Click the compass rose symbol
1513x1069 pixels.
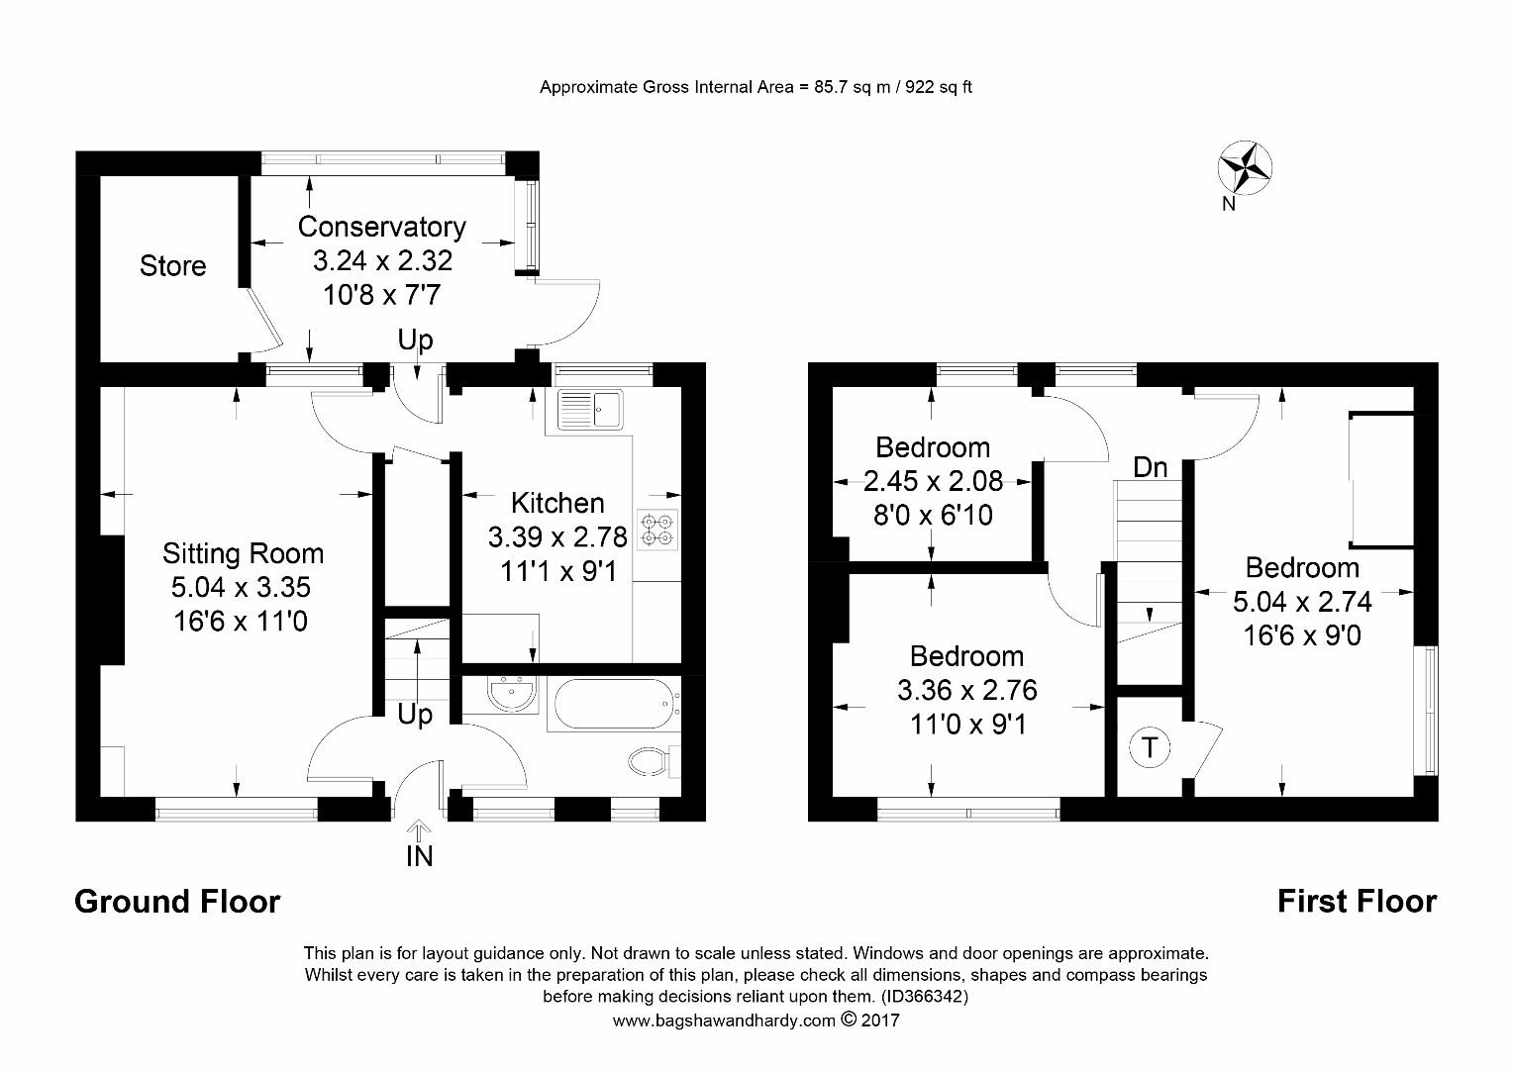tap(1245, 167)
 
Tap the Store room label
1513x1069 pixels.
tap(172, 265)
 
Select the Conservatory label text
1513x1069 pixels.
tap(381, 227)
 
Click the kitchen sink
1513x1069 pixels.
tap(590, 409)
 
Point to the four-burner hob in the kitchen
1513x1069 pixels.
tap(657, 530)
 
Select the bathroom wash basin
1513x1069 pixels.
tap(512, 695)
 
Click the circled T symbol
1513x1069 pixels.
tap(1149, 747)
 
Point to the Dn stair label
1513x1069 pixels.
tap(1150, 467)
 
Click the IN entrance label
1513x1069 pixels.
tap(419, 856)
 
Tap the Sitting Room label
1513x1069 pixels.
tap(243, 553)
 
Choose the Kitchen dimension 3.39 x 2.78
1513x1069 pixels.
tap(557, 537)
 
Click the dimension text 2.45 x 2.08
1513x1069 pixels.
tap(933, 481)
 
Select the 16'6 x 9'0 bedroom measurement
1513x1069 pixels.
tap(1301, 635)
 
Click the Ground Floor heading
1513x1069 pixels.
tap(177, 902)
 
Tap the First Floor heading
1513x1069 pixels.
tap(1357, 902)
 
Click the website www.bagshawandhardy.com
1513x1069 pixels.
tap(724, 1020)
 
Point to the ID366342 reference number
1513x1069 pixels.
tap(924, 996)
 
